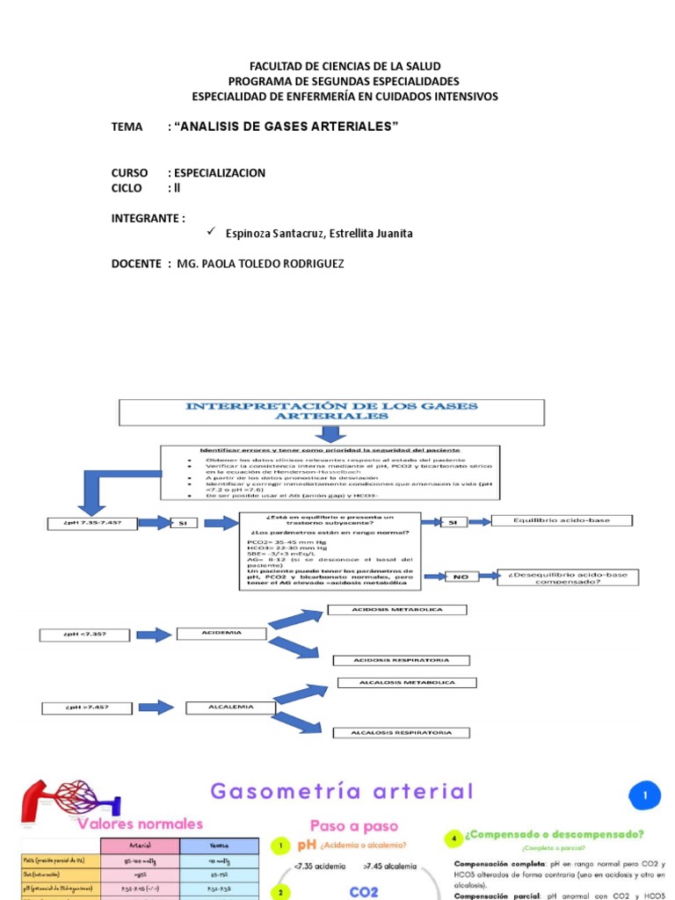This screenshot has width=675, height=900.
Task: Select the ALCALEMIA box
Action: [x=231, y=707]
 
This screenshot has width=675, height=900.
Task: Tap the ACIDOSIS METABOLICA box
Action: [x=397, y=609]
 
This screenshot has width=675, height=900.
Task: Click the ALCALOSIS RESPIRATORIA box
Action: [x=401, y=732]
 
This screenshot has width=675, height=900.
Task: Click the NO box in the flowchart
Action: [x=461, y=577]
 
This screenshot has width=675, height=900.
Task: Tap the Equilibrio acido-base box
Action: [x=574, y=521]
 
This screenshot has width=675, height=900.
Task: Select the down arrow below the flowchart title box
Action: [x=331, y=434]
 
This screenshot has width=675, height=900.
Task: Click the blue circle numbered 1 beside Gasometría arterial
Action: [x=645, y=796]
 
